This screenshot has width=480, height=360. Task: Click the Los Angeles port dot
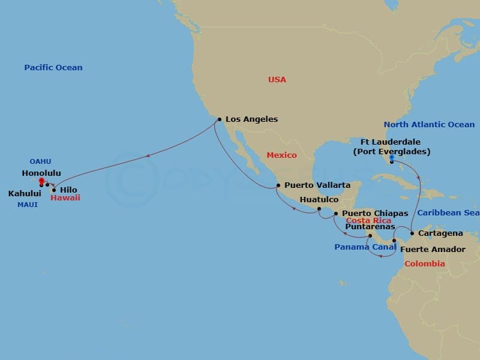(x=220, y=119)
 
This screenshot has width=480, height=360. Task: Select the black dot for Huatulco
(x=319, y=209)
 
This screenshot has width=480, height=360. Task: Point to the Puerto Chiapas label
(x=375, y=213)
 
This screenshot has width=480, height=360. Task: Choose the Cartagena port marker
(x=412, y=233)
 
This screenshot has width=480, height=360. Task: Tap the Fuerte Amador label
(x=433, y=249)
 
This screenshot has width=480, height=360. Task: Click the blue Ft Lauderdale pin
(x=391, y=160)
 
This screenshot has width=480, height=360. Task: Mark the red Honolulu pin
(x=41, y=181)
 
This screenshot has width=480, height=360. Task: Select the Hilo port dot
(x=54, y=190)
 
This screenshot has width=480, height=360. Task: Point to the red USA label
(x=277, y=80)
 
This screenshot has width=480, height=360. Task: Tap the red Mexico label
(x=282, y=155)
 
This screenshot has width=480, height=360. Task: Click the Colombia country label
(x=425, y=263)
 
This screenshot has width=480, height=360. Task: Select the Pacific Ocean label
(x=53, y=68)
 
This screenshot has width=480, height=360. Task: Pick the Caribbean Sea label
(x=448, y=212)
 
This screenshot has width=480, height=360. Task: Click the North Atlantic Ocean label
(x=430, y=125)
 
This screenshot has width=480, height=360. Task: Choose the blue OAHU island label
(x=40, y=161)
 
